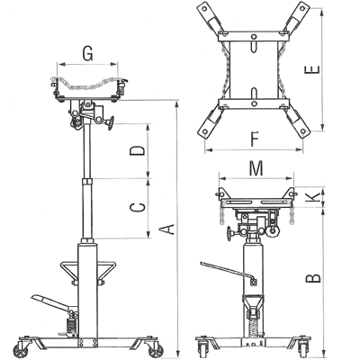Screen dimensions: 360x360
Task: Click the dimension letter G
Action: point(87,54)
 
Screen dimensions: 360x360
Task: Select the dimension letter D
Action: point(137,150)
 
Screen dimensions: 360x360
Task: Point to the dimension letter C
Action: point(138,207)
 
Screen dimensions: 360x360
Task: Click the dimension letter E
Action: point(312,70)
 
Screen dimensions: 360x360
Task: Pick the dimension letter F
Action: point(254,139)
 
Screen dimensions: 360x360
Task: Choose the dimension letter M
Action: point(256,168)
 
